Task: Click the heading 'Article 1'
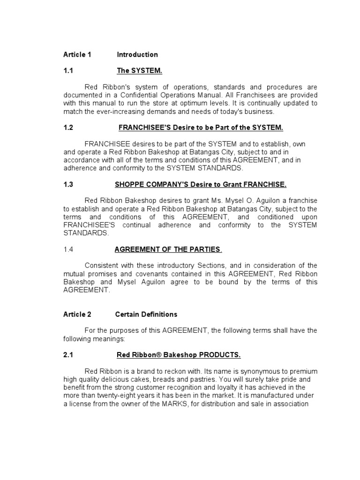click(x=77, y=55)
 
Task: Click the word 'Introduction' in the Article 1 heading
click(x=137, y=55)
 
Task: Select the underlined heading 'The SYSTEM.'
click(x=139, y=71)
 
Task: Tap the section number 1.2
click(x=68, y=127)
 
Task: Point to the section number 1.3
click(x=68, y=185)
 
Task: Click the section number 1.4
click(x=68, y=249)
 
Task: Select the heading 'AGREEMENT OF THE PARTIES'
click(x=167, y=249)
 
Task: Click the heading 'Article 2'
click(x=77, y=315)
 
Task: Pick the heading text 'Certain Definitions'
click(x=146, y=315)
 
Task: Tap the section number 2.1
click(x=68, y=355)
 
